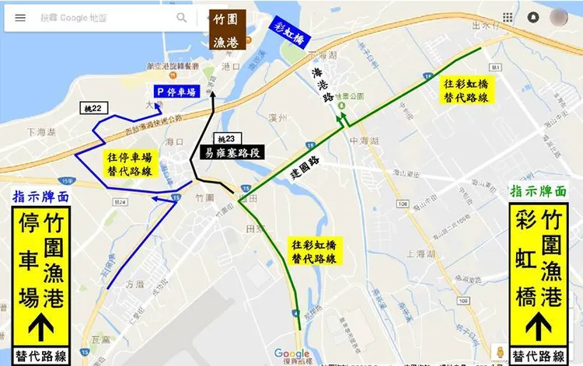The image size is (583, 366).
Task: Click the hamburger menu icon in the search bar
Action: point(20,18)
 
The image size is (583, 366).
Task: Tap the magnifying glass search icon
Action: point(181,18)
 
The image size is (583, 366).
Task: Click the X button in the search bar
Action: point(208,18)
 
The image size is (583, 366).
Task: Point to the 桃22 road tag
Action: point(95,108)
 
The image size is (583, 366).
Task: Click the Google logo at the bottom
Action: point(291,354)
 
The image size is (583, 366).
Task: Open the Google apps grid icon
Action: point(507,17)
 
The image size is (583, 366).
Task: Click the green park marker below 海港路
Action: point(340,120)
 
